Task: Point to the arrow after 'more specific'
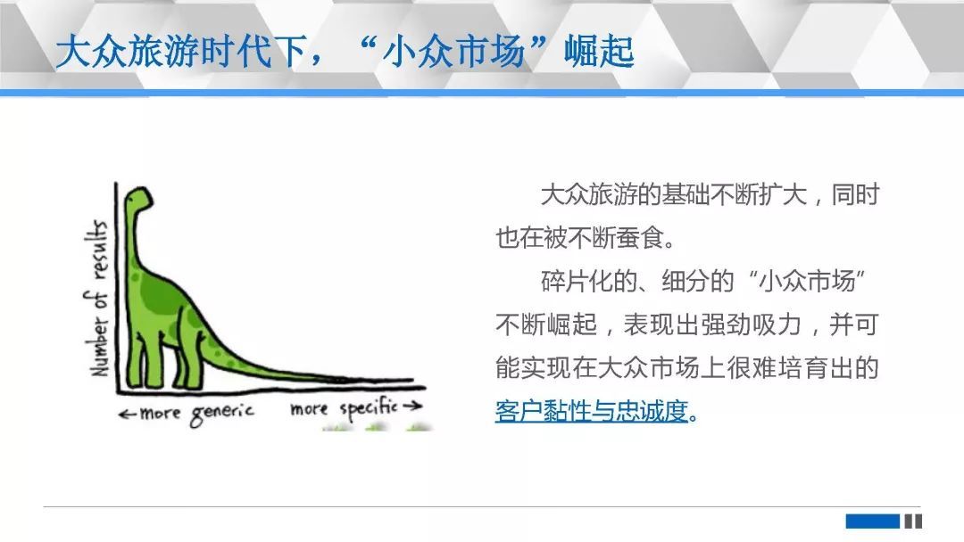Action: (411, 405)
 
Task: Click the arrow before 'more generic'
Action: (128, 415)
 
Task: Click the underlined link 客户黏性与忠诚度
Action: (592, 411)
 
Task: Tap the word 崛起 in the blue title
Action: (599, 52)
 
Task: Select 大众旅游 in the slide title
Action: (128, 52)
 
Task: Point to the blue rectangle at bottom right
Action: (872, 521)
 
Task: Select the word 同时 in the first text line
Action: (855, 194)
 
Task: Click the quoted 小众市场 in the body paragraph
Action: (807, 281)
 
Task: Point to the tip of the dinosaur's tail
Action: (411, 381)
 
